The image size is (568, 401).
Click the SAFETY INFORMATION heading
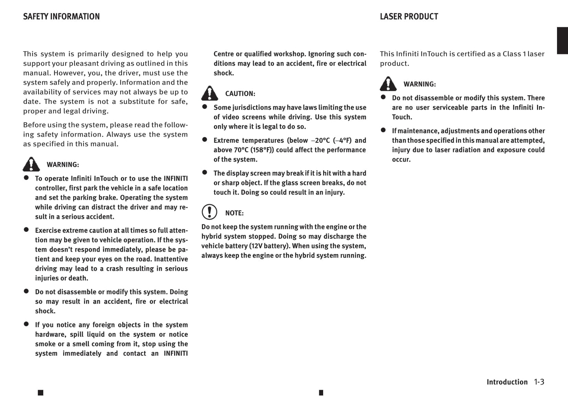[61, 17]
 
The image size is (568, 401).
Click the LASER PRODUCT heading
[409, 17]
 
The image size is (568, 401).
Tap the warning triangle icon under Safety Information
[31, 164]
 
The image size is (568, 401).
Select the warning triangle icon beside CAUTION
[210, 93]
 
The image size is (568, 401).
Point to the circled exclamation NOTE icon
[210, 212]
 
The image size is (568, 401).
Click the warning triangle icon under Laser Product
[388, 84]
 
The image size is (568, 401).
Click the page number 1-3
[539, 382]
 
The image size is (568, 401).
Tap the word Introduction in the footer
[507, 382]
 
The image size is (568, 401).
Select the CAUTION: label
[240, 94]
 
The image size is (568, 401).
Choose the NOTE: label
[234, 213]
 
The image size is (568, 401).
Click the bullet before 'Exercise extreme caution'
[26, 229]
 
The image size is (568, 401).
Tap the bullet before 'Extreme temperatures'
[204, 139]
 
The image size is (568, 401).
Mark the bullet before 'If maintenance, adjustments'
[383, 130]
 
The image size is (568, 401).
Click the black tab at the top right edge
[562, 41]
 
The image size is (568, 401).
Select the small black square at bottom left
[40, 393]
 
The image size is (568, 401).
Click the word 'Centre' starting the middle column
[223, 54]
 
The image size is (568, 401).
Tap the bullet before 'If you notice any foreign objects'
[26, 324]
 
